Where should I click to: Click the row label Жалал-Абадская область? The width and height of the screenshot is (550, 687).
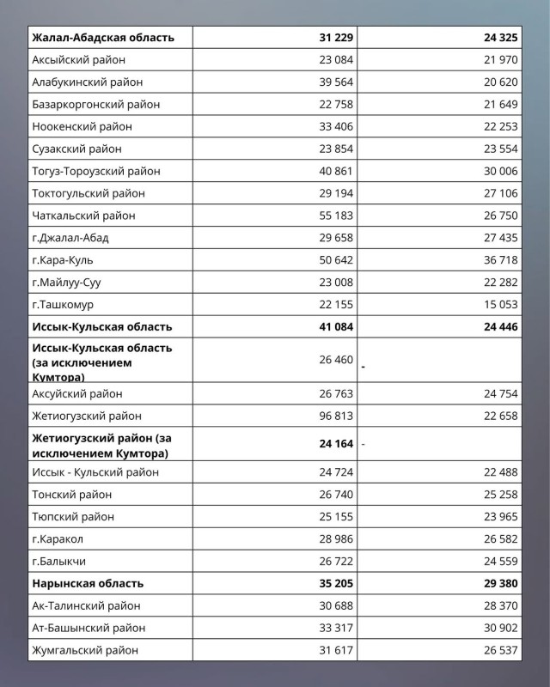click(103, 37)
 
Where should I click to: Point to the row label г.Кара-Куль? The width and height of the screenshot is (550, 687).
click(62, 260)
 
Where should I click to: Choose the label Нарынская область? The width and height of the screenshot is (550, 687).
click(88, 583)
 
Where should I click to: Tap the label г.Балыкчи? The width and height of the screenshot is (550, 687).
click(58, 561)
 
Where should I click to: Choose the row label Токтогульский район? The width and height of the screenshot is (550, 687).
click(89, 193)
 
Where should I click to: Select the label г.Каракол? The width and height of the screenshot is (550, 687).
click(58, 538)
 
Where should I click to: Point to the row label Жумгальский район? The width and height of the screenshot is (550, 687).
click(85, 650)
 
